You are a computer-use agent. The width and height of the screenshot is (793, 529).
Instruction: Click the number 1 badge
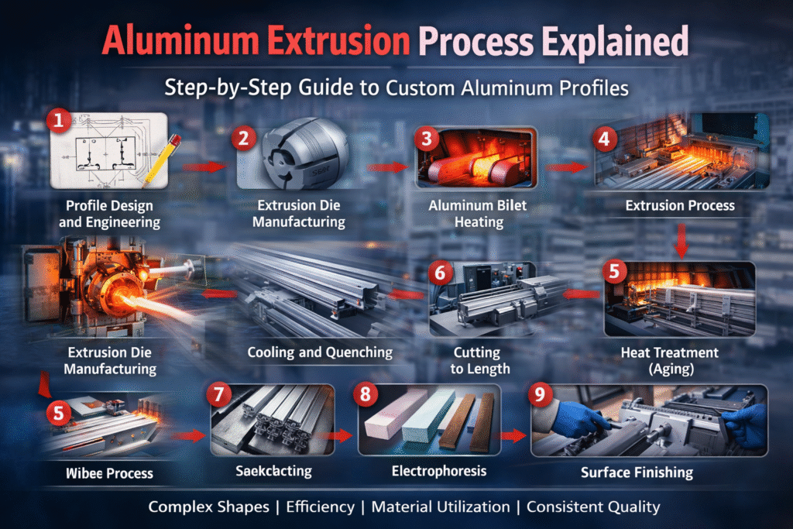click(x=59, y=121)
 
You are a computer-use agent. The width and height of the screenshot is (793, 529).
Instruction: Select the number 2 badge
click(x=244, y=138)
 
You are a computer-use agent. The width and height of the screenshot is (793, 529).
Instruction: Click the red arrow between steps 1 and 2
click(x=204, y=167)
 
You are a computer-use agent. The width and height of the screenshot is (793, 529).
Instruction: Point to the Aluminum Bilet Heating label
click(x=478, y=214)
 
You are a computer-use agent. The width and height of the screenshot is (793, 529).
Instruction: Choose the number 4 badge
click(x=604, y=139)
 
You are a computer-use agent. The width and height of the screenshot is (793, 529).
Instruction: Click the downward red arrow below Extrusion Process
click(x=681, y=241)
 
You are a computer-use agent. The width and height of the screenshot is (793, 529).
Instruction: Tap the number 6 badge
click(x=440, y=273)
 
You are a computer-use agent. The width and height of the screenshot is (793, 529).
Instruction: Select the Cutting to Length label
click(x=479, y=360)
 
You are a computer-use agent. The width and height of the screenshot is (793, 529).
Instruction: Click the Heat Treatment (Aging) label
click(x=670, y=360)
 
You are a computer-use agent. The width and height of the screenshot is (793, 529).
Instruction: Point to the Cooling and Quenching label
click(x=320, y=352)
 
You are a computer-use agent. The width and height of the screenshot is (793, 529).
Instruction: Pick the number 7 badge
click(x=219, y=394)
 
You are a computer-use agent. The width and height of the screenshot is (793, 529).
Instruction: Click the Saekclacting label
click(x=273, y=471)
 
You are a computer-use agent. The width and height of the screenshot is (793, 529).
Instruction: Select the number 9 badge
click(x=540, y=393)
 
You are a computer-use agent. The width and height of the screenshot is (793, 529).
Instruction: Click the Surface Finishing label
click(x=637, y=472)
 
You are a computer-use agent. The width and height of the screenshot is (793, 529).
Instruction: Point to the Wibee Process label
click(x=109, y=473)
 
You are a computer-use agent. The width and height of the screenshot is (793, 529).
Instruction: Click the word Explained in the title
click(x=615, y=42)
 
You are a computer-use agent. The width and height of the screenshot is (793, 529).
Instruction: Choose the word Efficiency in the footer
click(x=320, y=507)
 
